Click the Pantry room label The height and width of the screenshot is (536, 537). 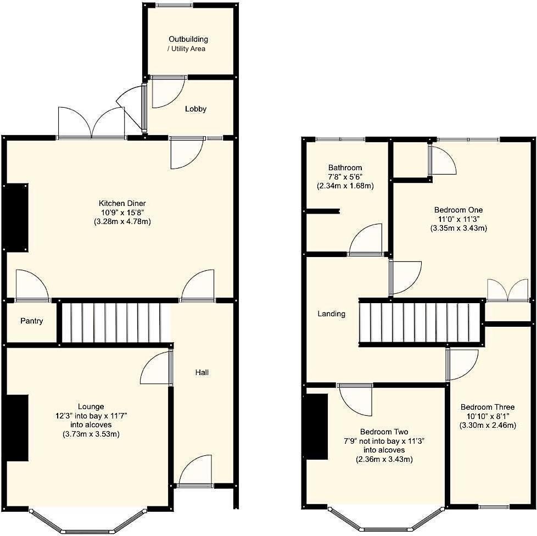[31, 321]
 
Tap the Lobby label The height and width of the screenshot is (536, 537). [195, 109]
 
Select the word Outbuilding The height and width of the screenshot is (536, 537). [188, 40]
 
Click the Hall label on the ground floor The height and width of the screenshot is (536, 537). [202, 372]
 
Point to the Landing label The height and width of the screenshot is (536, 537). [332, 314]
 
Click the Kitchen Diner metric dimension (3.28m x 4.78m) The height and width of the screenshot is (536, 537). [122, 222]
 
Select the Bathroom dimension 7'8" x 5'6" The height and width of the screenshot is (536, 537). [345, 176]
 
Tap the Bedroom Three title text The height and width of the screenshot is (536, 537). [487, 407]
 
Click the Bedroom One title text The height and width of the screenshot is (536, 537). [458, 210]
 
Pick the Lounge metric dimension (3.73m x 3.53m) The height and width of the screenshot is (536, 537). [91, 434]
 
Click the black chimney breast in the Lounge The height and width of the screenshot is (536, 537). [17, 428]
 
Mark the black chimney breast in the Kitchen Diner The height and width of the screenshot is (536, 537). [17, 217]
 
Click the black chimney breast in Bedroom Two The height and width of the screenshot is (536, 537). [317, 427]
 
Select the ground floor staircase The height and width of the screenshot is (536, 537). [113, 323]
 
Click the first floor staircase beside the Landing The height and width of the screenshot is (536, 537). [422, 322]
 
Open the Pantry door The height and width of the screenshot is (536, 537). [31, 287]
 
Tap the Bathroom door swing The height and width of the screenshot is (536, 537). [366, 241]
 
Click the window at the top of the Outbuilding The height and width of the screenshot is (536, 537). [174, 5]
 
